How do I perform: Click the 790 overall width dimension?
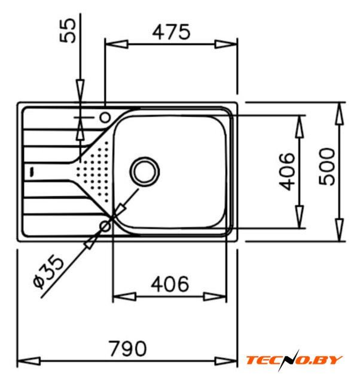click(127, 348)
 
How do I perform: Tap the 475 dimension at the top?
click(171, 32)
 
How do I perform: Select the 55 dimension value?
click(68, 31)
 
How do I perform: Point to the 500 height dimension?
click(327, 166)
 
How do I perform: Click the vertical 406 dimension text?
click(287, 172)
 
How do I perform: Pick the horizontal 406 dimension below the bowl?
click(170, 284)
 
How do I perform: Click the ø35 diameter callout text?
click(48, 271)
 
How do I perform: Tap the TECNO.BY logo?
click(294, 360)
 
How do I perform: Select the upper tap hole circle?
click(105, 117)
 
